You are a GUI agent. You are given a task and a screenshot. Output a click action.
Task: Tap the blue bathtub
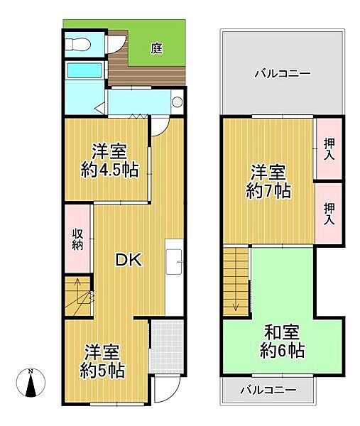pos(84,72)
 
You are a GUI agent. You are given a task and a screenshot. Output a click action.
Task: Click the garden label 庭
pos(156,48)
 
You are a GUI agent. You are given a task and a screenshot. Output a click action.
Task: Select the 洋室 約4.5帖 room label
pos(109,160)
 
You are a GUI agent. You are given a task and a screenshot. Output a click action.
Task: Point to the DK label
pos(129,260)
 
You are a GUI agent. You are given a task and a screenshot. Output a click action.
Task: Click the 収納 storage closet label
pos(77,239)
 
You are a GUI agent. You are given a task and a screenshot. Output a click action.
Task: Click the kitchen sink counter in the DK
pos(175,263)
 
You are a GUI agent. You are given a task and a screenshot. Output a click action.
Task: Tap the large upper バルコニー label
pos(283,73)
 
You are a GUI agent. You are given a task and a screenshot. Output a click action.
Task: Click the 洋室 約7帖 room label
pos(268,181)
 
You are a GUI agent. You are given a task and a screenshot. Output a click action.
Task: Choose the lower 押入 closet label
pos(329,213)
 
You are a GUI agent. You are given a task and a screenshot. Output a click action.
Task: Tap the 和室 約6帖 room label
pos(283,341)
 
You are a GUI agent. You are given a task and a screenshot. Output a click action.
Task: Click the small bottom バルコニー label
pos(267,389)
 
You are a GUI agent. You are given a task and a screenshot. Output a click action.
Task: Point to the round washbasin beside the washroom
pos(177,102)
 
